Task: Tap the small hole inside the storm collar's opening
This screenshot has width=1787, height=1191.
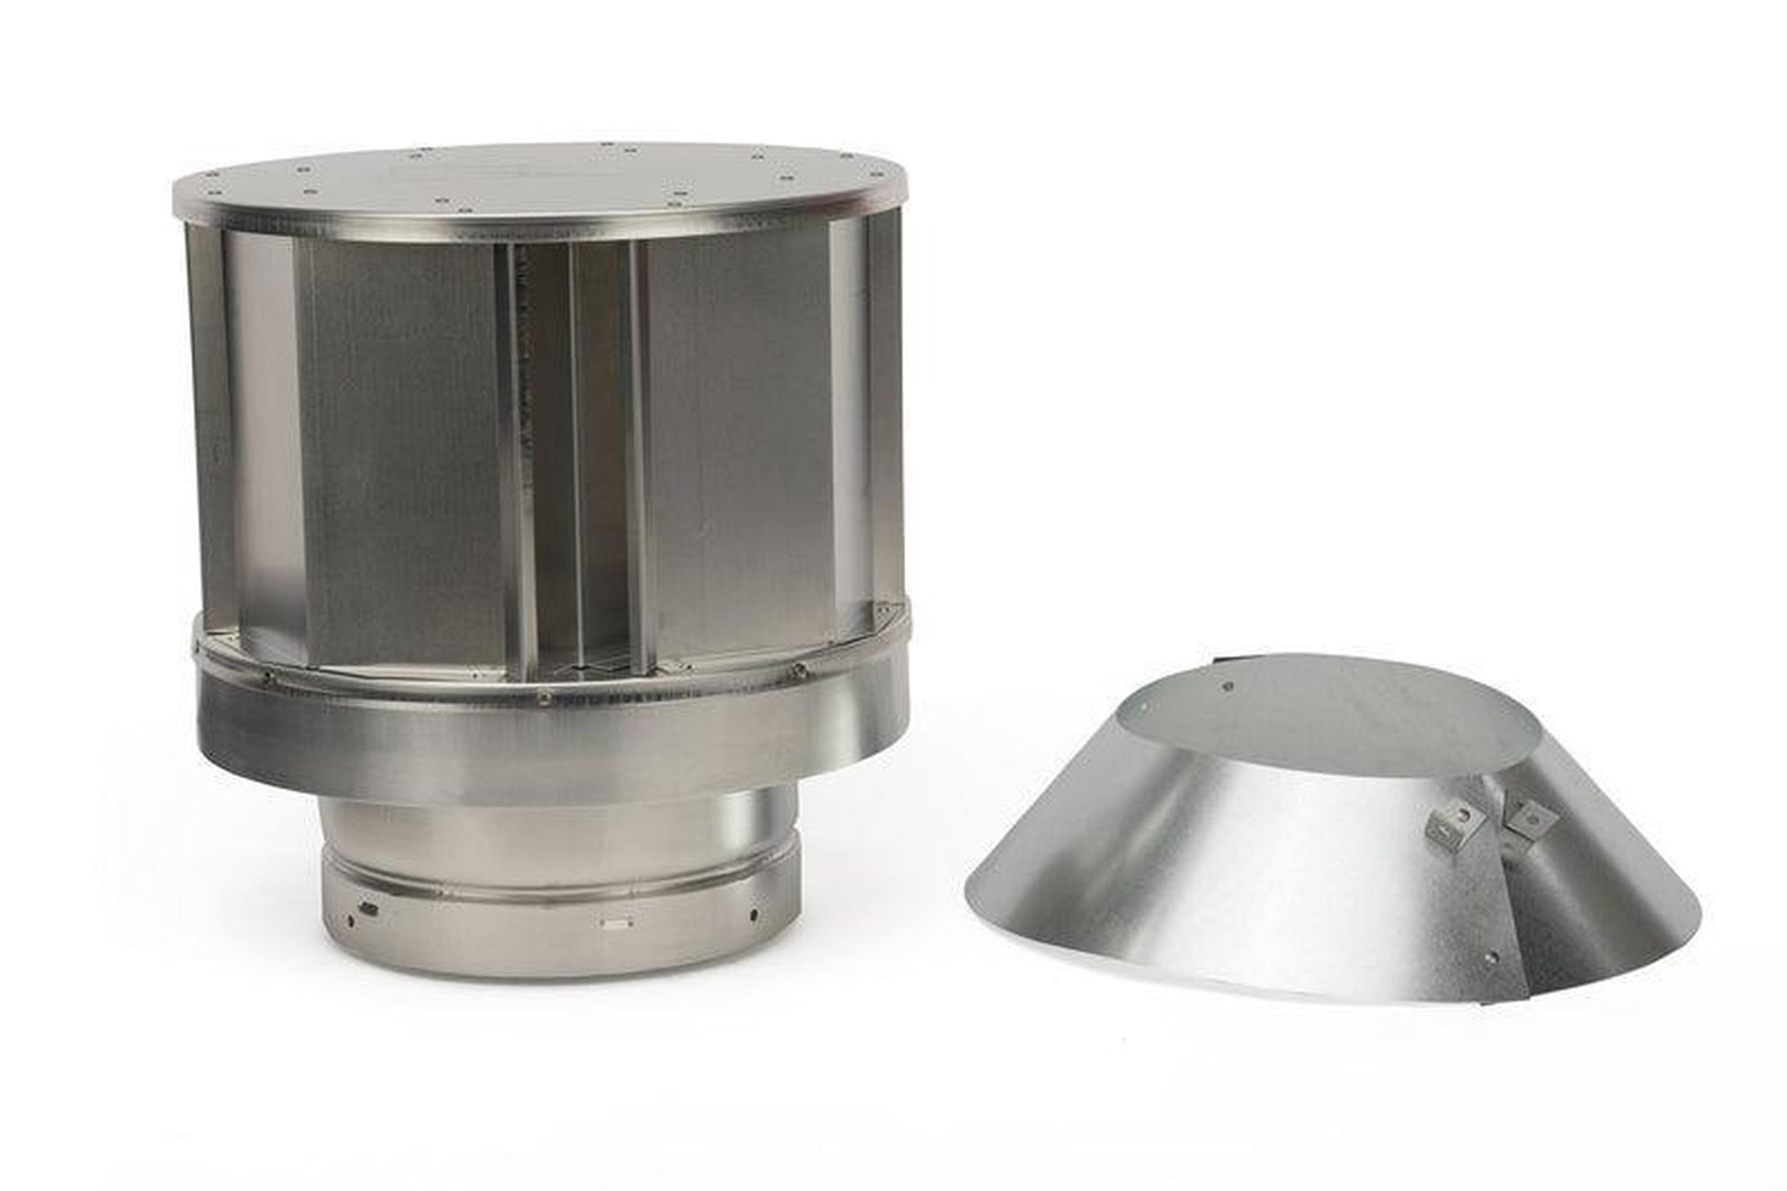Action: pos(1230,683)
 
